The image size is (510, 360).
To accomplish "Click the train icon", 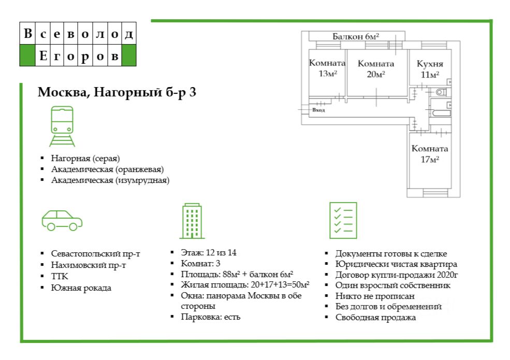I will (x=62, y=126).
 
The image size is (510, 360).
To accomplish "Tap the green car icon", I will (x=62, y=220).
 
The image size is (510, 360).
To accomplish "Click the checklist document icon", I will (x=343, y=220).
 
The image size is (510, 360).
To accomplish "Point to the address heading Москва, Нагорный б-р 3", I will (x=116, y=93).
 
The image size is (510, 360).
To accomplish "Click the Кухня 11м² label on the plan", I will (x=430, y=69).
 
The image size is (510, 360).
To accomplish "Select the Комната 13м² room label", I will (x=327, y=68).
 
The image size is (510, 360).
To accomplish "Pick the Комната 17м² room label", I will (x=430, y=154).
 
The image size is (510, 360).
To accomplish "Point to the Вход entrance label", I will (x=318, y=110).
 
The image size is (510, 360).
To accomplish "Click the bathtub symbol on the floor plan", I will (x=441, y=112).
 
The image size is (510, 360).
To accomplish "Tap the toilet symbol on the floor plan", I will (x=441, y=93).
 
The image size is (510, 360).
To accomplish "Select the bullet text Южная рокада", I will (x=81, y=288).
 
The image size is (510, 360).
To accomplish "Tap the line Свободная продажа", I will (x=375, y=318).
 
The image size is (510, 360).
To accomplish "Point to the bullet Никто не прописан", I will (x=375, y=296).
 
